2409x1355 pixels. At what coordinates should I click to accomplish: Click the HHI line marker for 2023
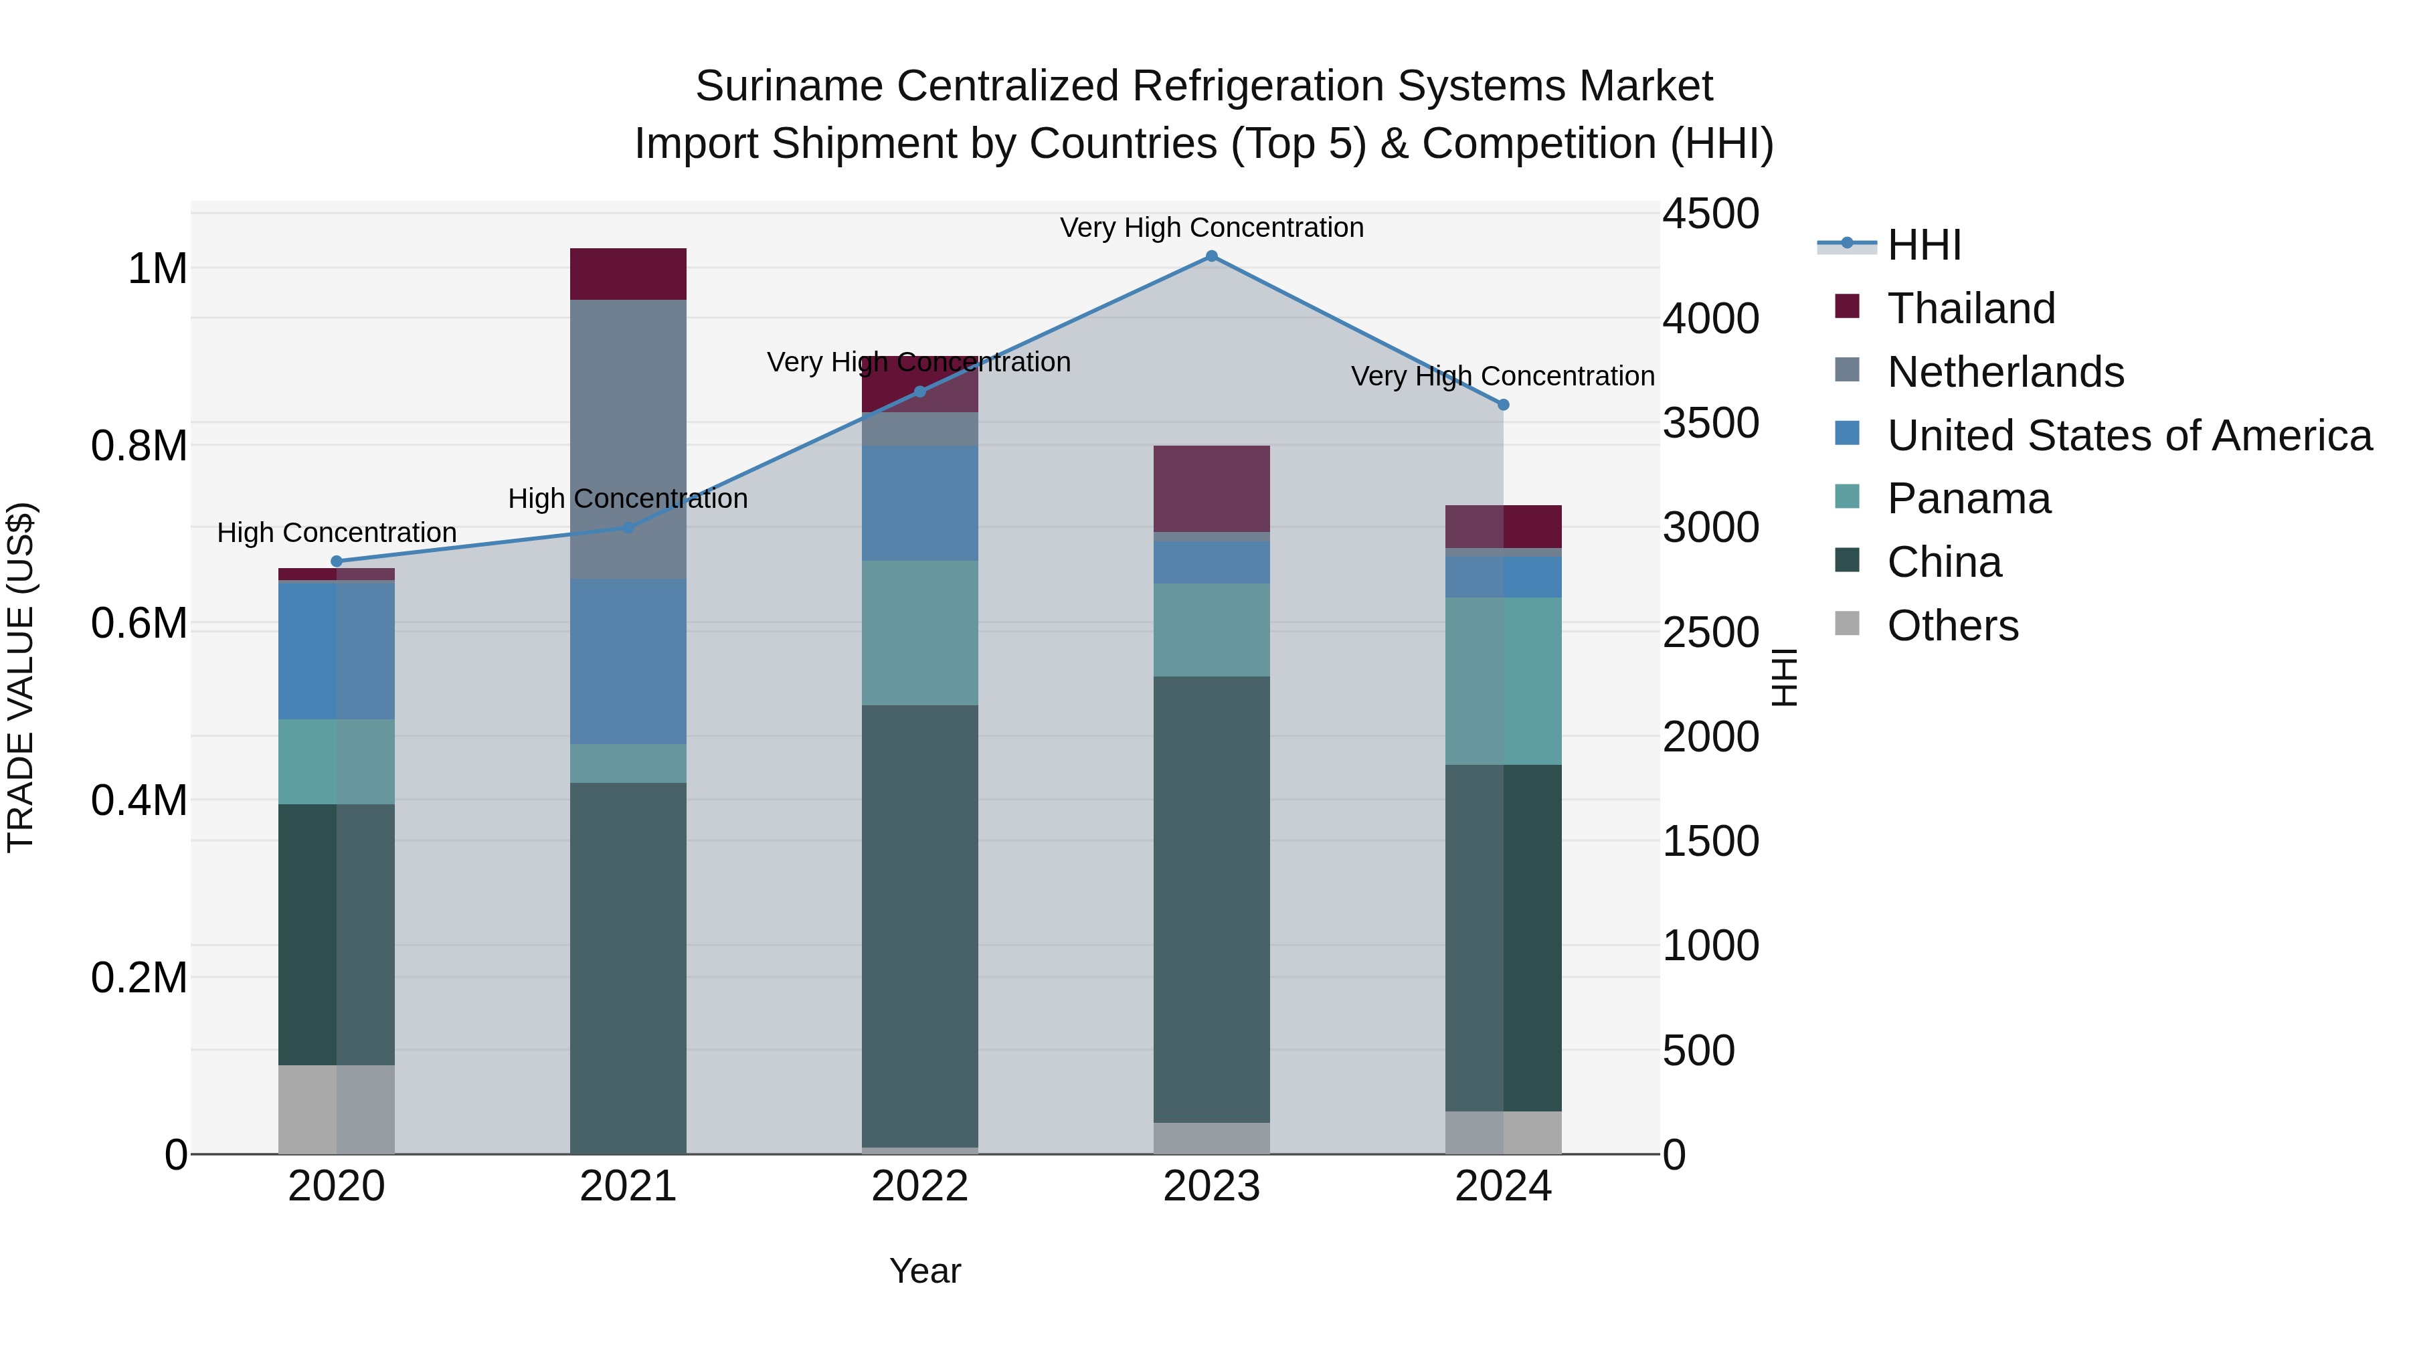click(x=1211, y=256)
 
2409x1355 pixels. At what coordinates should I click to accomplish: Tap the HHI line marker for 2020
click(x=337, y=561)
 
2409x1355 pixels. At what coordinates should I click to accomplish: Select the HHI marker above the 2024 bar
click(x=1503, y=405)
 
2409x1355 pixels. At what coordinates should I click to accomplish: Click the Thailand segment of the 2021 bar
click(x=628, y=274)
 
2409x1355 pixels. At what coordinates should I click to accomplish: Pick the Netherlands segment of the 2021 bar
click(x=628, y=440)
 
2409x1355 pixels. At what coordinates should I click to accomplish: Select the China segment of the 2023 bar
click(x=1211, y=898)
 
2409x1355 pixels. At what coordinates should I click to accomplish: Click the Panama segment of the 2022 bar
click(x=919, y=633)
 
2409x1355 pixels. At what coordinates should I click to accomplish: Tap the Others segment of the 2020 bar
click(x=337, y=1109)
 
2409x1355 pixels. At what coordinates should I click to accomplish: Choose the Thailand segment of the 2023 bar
click(x=1211, y=489)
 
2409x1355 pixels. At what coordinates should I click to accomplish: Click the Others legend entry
click(x=1952, y=626)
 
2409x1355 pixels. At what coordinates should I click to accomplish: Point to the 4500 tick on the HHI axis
click(x=1710, y=213)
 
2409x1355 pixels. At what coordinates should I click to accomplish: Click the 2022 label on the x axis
click(x=919, y=1186)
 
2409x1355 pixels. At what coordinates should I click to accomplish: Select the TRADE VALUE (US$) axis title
click(x=21, y=677)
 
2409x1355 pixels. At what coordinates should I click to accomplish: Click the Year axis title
click(x=925, y=1271)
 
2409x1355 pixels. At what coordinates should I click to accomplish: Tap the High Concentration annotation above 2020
click(x=337, y=533)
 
